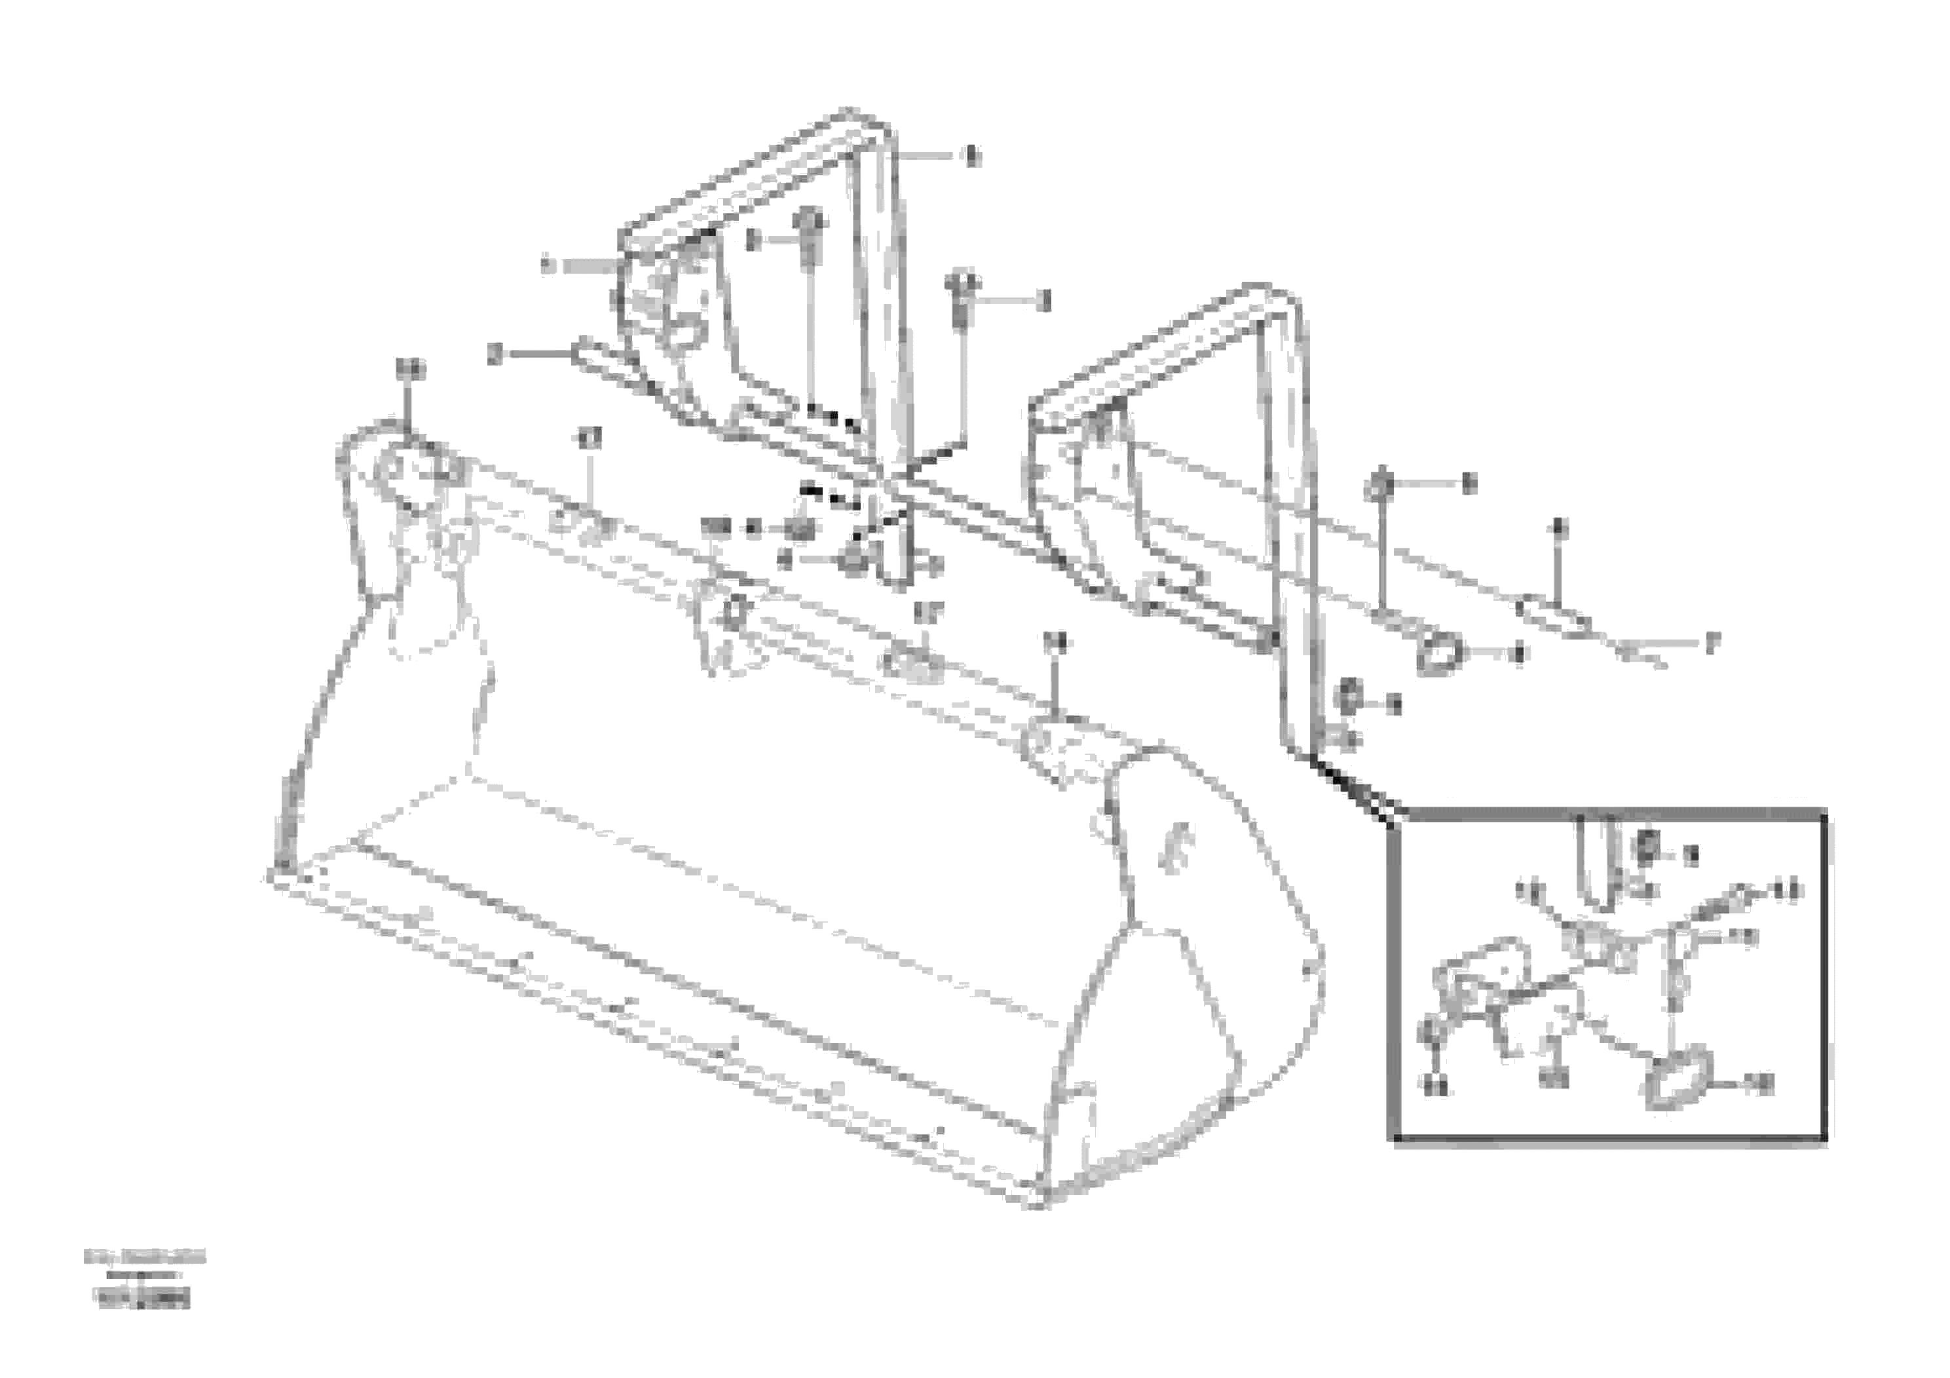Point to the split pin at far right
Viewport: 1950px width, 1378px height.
1639,653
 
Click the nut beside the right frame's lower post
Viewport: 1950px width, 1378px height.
1347,700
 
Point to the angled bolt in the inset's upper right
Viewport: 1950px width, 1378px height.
1724,897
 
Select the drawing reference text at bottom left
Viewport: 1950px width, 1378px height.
144,1280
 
